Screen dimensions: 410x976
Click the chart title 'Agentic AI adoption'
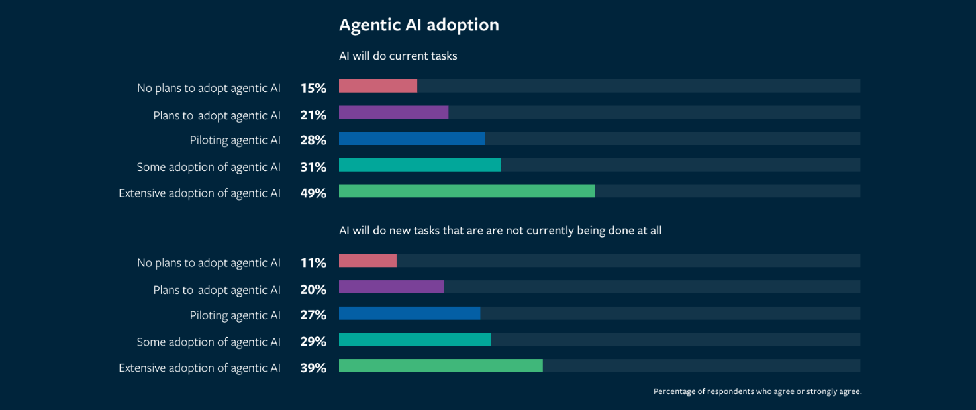(418, 25)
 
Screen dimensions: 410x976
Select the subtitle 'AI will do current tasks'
(398, 56)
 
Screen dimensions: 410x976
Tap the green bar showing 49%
(466, 191)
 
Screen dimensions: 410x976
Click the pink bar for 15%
(377, 86)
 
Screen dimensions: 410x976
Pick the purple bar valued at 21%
(393, 113)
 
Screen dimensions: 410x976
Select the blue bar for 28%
(412, 138)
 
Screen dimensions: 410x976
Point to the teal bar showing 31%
(420, 165)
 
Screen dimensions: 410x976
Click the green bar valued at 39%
(440, 366)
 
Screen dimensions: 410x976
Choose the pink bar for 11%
(367, 261)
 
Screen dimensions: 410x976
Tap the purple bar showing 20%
(391, 287)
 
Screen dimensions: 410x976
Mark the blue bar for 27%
(409, 313)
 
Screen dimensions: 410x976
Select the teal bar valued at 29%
(415, 340)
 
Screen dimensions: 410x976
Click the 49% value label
(313, 193)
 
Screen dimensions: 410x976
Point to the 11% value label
(313, 263)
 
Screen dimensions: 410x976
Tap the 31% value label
(313, 167)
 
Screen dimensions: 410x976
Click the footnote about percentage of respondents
(757, 391)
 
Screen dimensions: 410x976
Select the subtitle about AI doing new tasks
(500, 231)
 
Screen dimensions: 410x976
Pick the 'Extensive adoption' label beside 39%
(199, 368)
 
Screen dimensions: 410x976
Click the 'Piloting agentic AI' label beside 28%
(235, 140)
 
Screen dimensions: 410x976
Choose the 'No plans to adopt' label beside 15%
(209, 88)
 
